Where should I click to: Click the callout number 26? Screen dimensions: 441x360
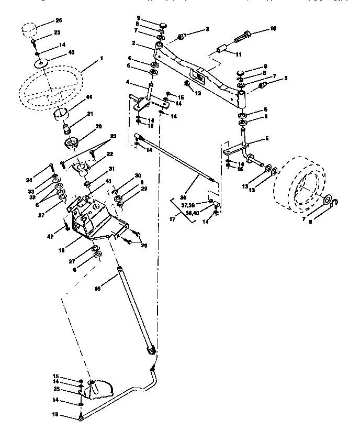[58, 21]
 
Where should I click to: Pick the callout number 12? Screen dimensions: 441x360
[198, 93]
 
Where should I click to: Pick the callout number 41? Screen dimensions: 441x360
[108, 181]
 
